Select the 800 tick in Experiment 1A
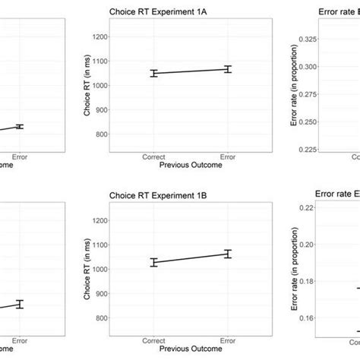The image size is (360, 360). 115,134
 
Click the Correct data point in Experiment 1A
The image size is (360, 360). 154,74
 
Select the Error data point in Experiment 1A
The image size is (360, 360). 226,69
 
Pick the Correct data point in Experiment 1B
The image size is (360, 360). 154,262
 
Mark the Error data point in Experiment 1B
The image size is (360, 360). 226,254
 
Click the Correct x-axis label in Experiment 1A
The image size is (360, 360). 154,158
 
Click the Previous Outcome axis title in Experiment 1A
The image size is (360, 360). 190,166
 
